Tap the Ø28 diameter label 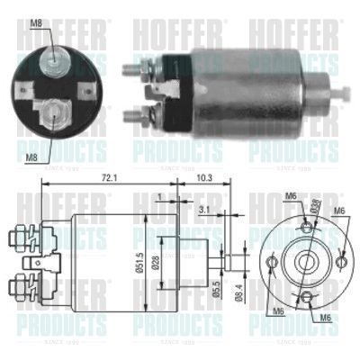coord(154,262)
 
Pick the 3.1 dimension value coord(204,211)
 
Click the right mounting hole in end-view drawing coord(341,261)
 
